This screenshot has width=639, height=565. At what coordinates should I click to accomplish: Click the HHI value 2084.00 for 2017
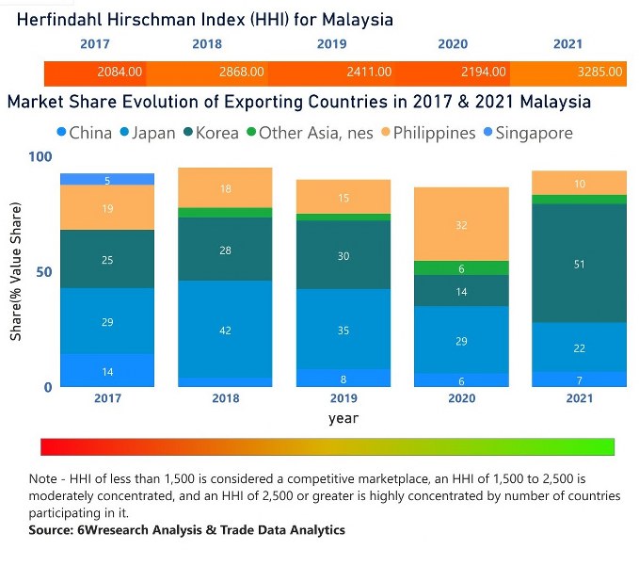pyautogui.click(x=120, y=72)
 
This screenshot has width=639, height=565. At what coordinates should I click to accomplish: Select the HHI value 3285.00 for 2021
pyautogui.click(x=599, y=72)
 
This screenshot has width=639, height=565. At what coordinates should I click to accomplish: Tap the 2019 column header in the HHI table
pyautogui.click(x=331, y=44)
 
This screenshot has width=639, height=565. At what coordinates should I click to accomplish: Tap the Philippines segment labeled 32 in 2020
pyautogui.click(x=462, y=225)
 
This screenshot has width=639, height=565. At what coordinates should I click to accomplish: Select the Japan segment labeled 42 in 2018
pyautogui.click(x=225, y=331)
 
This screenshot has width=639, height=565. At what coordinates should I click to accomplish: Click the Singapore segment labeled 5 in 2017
pyautogui.click(x=107, y=180)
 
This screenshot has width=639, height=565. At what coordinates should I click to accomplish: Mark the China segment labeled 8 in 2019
pyautogui.click(x=344, y=378)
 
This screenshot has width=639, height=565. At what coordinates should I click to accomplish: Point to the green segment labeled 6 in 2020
pyautogui.click(x=462, y=268)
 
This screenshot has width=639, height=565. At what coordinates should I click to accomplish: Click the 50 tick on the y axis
pyautogui.click(x=44, y=272)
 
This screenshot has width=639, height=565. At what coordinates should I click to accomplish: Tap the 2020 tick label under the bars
pyautogui.click(x=462, y=398)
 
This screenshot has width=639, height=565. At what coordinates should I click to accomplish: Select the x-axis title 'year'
pyautogui.click(x=343, y=417)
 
